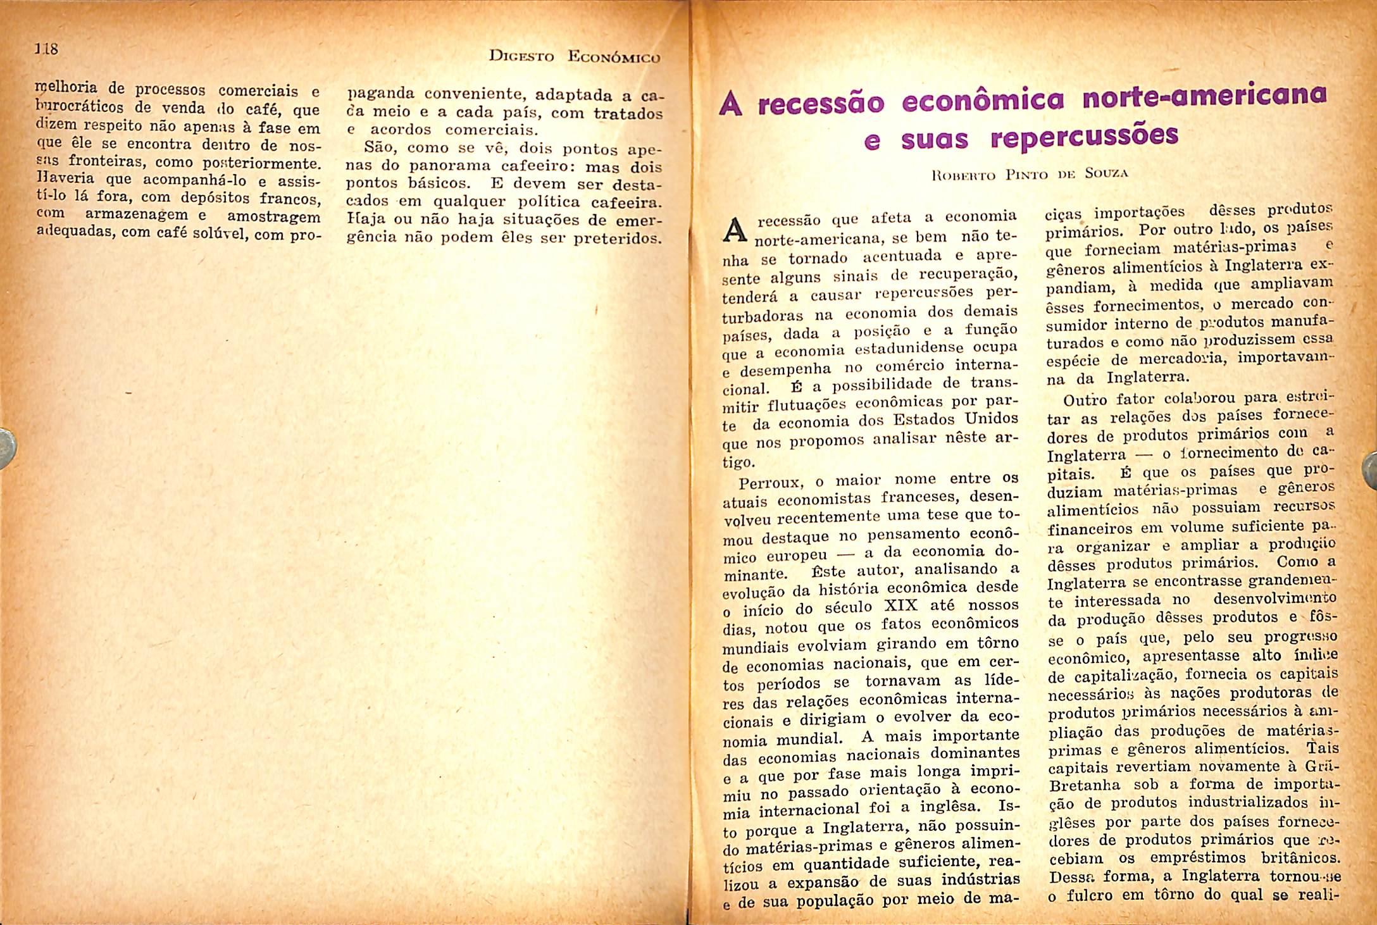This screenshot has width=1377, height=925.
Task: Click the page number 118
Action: tap(47, 48)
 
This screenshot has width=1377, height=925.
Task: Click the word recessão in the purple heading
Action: tap(821, 104)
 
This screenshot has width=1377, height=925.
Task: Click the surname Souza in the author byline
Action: tap(1107, 173)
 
